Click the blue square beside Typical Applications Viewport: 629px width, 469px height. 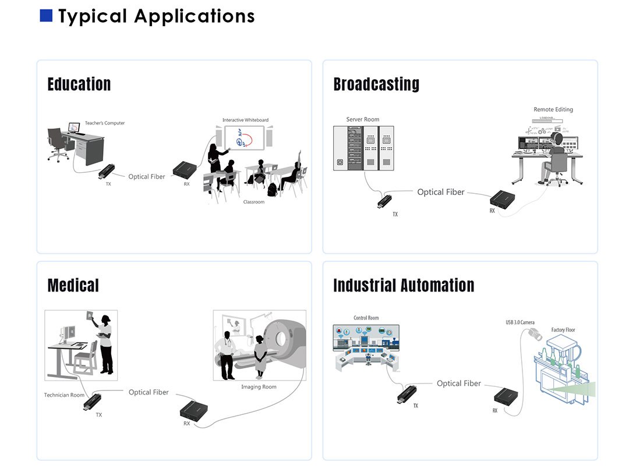coord(46,16)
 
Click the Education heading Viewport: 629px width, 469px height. coord(79,84)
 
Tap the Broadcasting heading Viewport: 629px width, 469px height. coord(376,84)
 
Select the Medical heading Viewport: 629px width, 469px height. coord(73,285)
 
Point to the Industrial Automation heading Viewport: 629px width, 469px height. coord(404,285)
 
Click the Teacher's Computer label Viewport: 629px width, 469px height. coord(105,123)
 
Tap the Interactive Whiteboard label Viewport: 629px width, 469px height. coord(245,120)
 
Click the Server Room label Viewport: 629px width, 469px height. coord(363,120)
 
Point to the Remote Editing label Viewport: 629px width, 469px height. coord(553,109)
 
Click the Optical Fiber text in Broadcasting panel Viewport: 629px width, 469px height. coord(441,192)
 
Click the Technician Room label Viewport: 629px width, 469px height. coord(64,395)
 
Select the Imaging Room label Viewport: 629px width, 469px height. coord(259,387)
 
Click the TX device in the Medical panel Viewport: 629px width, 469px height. coord(94,402)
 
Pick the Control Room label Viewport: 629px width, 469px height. coord(366,318)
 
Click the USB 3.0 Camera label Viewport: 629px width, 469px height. coord(520,322)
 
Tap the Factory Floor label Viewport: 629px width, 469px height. coord(563,330)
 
